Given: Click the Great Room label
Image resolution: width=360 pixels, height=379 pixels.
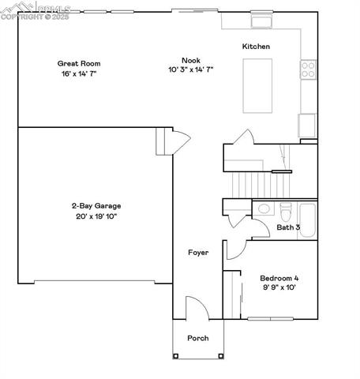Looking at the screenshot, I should pyautogui.click(x=78, y=63).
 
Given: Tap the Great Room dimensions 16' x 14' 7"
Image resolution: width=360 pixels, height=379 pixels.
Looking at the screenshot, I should pyautogui.click(x=78, y=73).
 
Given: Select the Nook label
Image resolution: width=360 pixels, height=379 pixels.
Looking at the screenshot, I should pyautogui.click(x=190, y=60).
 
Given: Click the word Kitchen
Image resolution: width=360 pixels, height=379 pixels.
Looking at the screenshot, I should pyautogui.click(x=256, y=47).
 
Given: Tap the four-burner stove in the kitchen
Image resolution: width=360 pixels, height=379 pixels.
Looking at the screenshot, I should pyautogui.click(x=308, y=70).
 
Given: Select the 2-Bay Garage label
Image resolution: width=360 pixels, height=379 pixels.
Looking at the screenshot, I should pyautogui.click(x=96, y=206).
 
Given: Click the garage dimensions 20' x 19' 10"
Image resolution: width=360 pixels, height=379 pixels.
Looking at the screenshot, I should pyautogui.click(x=96, y=216).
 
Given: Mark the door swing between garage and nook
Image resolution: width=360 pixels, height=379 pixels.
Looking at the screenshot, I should pyautogui.click(x=179, y=143).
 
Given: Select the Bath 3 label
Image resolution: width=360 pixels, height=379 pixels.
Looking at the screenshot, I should pyautogui.click(x=287, y=227).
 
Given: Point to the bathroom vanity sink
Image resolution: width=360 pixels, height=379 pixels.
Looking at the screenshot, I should pyautogui.click(x=264, y=209).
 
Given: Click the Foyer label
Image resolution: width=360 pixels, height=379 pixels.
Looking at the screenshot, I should pyautogui.click(x=198, y=253).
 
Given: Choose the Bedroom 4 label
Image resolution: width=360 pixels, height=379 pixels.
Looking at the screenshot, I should pyautogui.click(x=279, y=278).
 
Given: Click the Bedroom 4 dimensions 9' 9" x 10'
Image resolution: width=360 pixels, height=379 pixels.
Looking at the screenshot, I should pyautogui.click(x=279, y=288).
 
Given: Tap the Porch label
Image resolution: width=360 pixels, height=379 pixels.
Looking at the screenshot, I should pyautogui.click(x=197, y=339).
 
